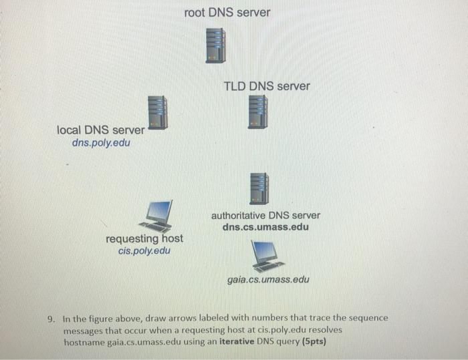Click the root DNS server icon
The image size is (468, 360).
(x=215, y=45)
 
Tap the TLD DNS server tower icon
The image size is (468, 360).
(x=257, y=112)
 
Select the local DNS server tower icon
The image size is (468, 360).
(x=158, y=112)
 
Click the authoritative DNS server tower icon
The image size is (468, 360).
(x=258, y=188)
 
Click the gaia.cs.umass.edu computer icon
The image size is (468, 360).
(x=265, y=254)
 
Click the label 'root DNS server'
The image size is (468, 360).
(x=227, y=12)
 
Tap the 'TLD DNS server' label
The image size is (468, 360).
(x=267, y=86)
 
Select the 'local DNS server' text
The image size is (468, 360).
(x=100, y=130)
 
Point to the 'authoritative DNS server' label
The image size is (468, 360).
(x=265, y=216)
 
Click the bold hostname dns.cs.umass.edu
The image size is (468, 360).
(x=265, y=227)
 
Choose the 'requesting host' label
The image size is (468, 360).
(x=144, y=238)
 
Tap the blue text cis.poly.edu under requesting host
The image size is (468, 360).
(x=143, y=250)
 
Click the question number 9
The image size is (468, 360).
(x=51, y=318)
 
